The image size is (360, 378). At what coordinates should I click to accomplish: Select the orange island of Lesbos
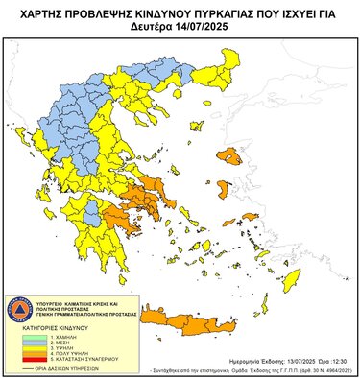(229, 154)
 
